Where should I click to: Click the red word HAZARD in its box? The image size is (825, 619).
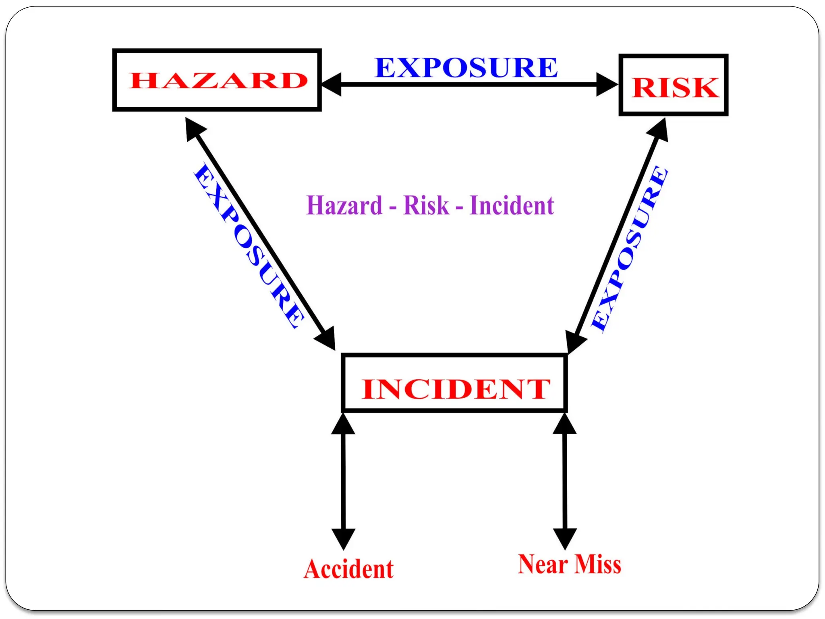tap(218, 81)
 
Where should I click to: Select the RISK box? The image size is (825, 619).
tap(674, 85)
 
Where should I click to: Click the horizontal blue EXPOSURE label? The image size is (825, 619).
tap(466, 68)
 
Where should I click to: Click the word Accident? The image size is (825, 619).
tap(349, 569)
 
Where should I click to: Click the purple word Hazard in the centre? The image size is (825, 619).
tap(344, 206)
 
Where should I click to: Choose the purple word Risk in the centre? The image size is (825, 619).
tap(426, 206)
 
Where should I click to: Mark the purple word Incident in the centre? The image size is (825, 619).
tap(512, 206)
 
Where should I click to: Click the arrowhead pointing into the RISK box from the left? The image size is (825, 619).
tap(606, 85)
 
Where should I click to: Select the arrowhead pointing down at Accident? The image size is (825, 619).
tap(343, 538)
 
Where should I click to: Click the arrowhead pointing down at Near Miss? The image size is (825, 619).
tap(565, 538)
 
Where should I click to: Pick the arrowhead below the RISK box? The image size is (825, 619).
tap(659, 129)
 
